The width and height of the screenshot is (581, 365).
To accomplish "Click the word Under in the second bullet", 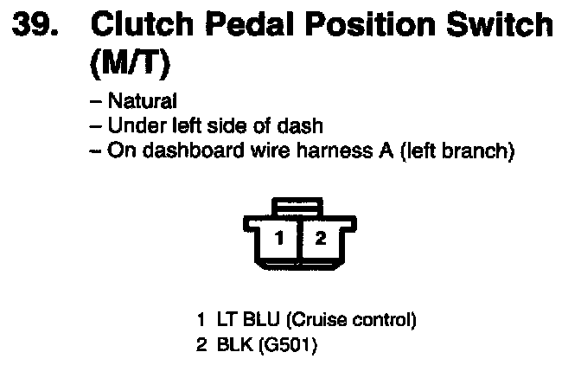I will tap(132, 125).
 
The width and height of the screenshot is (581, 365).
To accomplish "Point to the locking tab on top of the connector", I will tap(298, 207).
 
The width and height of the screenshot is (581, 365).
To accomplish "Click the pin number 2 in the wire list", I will tap(201, 346).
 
